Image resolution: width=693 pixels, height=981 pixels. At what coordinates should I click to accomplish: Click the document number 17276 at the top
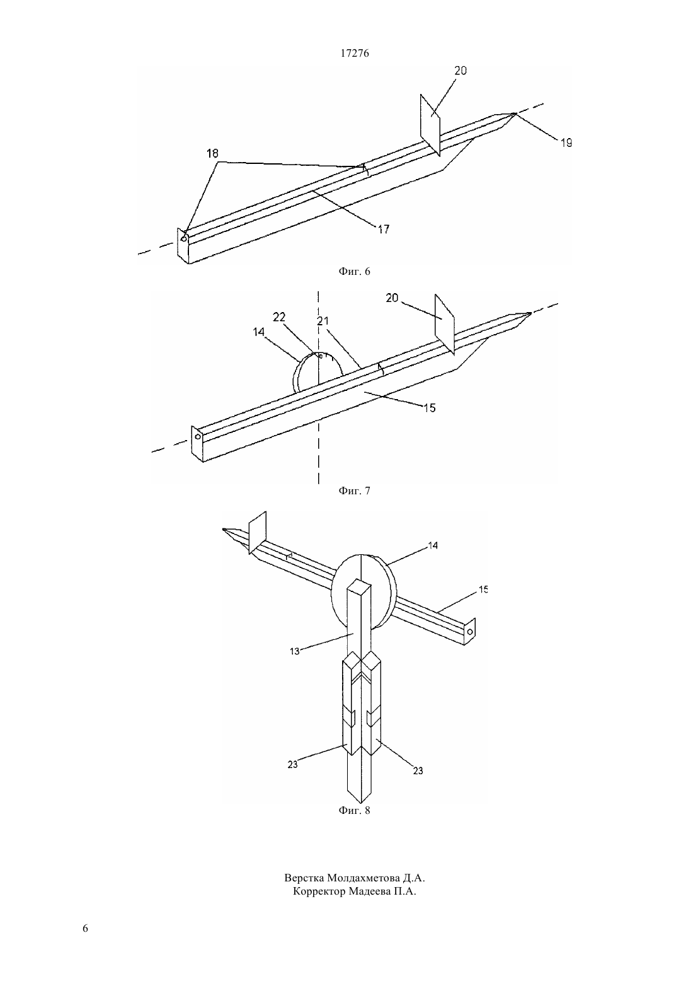pyautogui.click(x=354, y=53)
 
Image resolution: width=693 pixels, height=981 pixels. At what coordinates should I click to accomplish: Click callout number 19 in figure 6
pyautogui.click(x=566, y=142)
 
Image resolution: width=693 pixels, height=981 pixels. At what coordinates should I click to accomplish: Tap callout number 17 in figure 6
pyautogui.click(x=384, y=229)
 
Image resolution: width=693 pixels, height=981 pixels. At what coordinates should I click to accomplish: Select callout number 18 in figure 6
pyautogui.click(x=213, y=153)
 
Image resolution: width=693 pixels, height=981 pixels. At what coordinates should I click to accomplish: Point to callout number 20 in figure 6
pyautogui.click(x=461, y=71)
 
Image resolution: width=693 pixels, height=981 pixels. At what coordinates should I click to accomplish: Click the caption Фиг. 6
pyautogui.click(x=354, y=272)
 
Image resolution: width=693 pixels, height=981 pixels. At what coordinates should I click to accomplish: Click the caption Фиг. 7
pyautogui.click(x=354, y=490)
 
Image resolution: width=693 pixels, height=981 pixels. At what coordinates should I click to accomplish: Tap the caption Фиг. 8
pyautogui.click(x=354, y=810)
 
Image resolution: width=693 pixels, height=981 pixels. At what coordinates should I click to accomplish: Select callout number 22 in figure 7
pyautogui.click(x=279, y=317)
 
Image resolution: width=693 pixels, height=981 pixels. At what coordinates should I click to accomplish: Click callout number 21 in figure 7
pyautogui.click(x=323, y=321)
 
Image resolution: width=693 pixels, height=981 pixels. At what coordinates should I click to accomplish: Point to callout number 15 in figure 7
pyautogui.click(x=430, y=408)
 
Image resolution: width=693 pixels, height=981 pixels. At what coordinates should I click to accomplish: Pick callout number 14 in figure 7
pyautogui.click(x=258, y=332)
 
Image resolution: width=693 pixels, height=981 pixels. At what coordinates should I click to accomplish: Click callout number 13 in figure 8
pyautogui.click(x=294, y=651)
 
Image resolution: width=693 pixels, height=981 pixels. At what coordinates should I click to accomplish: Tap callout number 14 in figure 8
pyautogui.click(x=433, y=545)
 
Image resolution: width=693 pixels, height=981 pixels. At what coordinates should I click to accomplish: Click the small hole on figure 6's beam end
pyautogui.click(x=184, y=238)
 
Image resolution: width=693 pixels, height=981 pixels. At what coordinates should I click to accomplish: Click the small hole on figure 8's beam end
pyautogui.click(x=470, y=632)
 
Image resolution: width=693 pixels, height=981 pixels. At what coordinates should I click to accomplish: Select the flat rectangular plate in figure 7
pyautogui.click(x=445, y=324)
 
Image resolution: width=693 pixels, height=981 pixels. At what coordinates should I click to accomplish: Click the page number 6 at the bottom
pyautogui.click(x=85, y=929)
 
